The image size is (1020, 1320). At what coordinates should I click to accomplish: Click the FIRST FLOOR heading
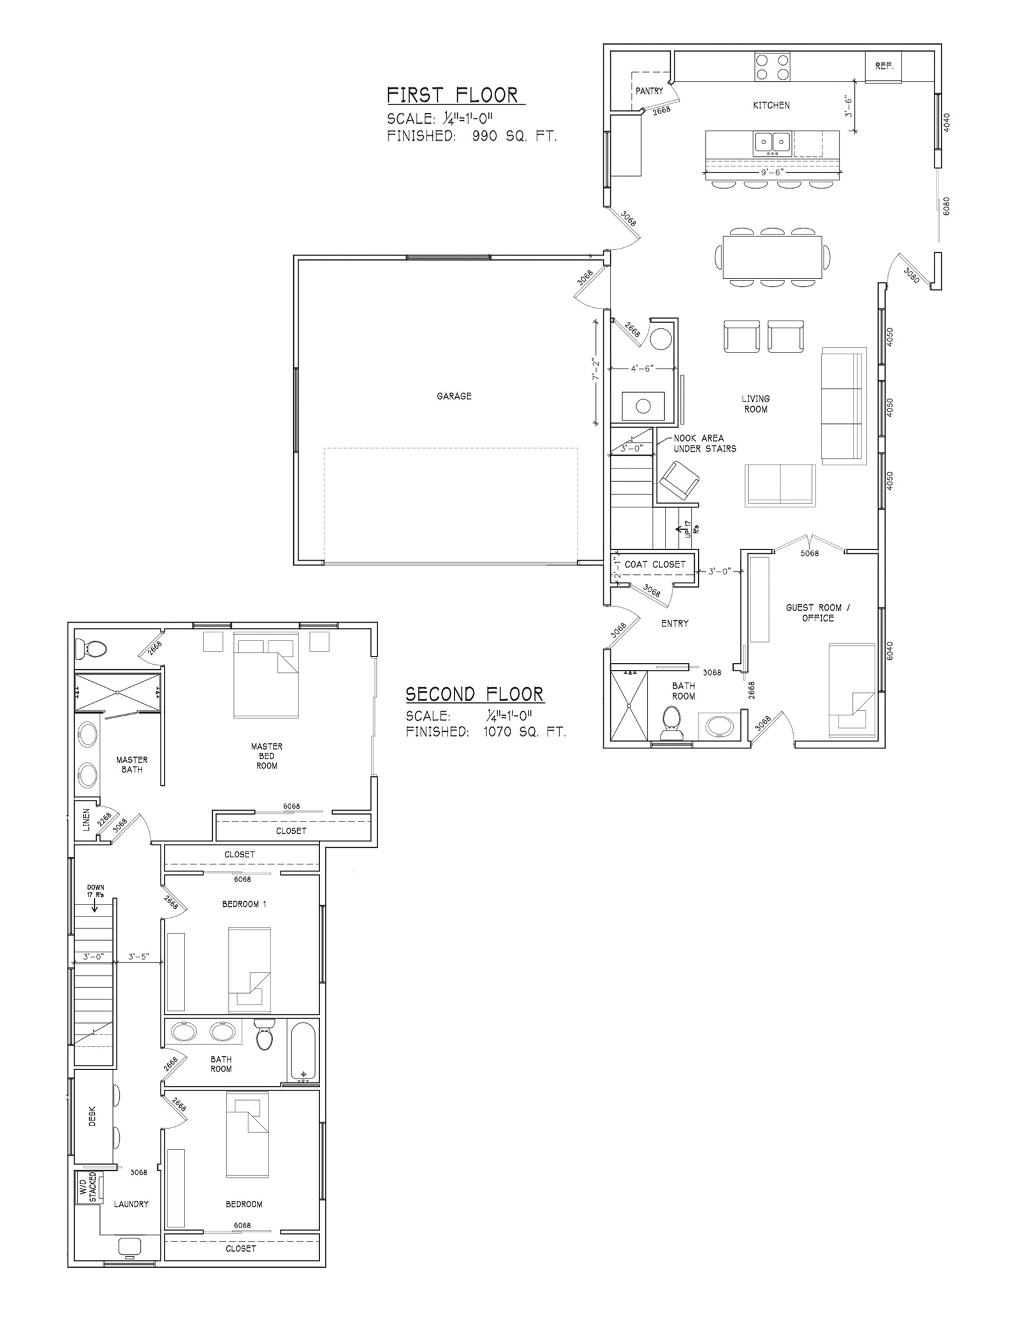click(453, 95)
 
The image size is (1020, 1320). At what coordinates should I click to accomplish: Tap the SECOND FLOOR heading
click(474, 693)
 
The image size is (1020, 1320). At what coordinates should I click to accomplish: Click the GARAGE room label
click(454, 396)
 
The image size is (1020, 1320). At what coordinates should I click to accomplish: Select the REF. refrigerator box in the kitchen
click(884, 66)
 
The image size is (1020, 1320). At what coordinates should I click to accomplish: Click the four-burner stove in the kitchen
click(772, 67)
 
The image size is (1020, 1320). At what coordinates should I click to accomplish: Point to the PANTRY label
click(649, 91)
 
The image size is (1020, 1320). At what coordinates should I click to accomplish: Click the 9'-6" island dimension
click(771, 172)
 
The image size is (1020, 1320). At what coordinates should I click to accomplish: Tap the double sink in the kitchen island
click(773, 143)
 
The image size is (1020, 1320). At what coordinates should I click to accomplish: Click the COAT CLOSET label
click(655, 564)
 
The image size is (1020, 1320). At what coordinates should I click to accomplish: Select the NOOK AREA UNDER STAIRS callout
click(704, 443)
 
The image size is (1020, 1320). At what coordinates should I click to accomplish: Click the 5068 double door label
click(809, 553)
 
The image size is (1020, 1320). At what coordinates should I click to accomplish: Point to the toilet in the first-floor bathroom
click(671, 723)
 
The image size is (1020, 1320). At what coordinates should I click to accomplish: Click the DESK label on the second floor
click(92, 1115)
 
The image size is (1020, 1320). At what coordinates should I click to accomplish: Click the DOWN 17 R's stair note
click(95, 890)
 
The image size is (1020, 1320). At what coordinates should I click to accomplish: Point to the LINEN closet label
click(86, 820)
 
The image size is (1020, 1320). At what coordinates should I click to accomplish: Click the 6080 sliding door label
click(946, 205)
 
